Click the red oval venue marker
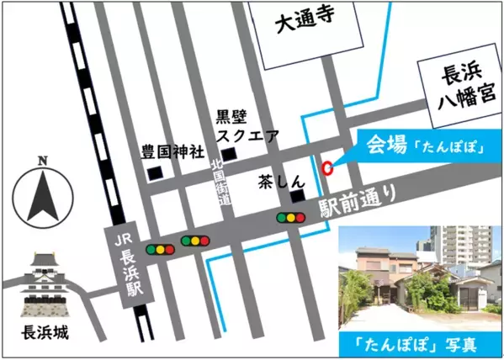(327, 167)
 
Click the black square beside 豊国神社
(154, 174)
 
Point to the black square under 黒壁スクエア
(229, 152)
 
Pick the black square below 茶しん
(296, 197)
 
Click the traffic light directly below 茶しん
(291, 218)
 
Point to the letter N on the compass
(42, 159)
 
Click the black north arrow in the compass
(41, 195)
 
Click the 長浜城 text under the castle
(42, 331)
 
